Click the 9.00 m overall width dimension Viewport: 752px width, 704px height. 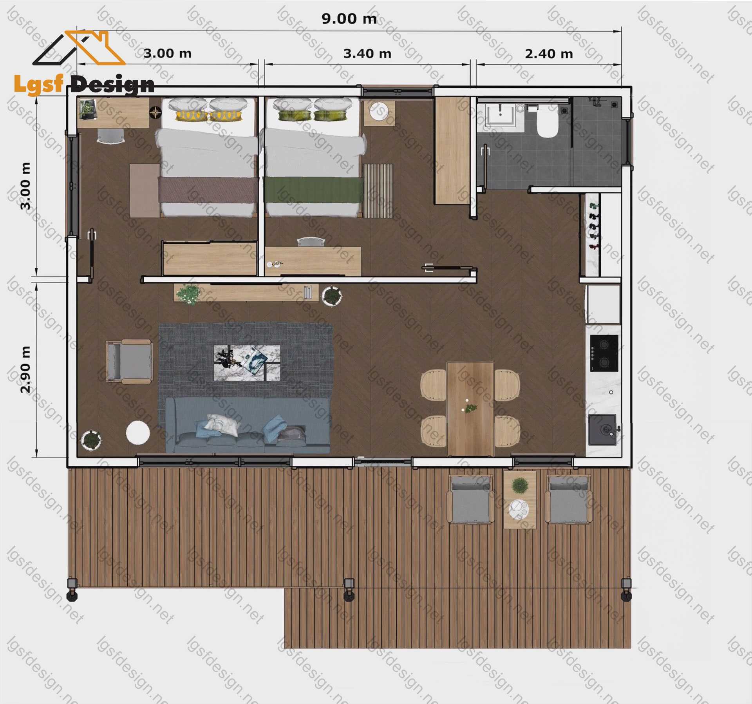(x=349, y=19)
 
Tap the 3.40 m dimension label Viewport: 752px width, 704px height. (x=367, y=54)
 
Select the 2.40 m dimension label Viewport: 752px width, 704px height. (x=549, y=54)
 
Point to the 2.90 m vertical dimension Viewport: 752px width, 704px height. (x=25, y=369)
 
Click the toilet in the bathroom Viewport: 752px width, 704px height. (x=547, y=122)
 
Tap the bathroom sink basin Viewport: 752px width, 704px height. (x=501, y=115)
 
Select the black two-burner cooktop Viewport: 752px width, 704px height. (x=604, y=353)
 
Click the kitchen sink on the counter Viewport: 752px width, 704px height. (x=603, y=430)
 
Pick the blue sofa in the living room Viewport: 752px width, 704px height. (x=248, y=425)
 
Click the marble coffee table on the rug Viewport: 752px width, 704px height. (x=247, y=363)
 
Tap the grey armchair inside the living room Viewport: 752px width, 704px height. (x=129, y=362)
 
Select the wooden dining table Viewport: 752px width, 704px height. (x=470, y=409)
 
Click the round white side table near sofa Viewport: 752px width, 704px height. (x=138, y=433)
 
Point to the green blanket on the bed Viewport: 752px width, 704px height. (x=313, y=190)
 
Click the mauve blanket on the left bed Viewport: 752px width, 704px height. (x=208, y=190)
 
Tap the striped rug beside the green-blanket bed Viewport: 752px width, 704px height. (x=378, y=191)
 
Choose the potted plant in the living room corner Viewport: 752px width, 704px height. (x=91, y=440)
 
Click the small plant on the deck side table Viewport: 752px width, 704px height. (x=520, y=486)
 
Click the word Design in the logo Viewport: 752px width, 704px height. (x=113, y=85)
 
